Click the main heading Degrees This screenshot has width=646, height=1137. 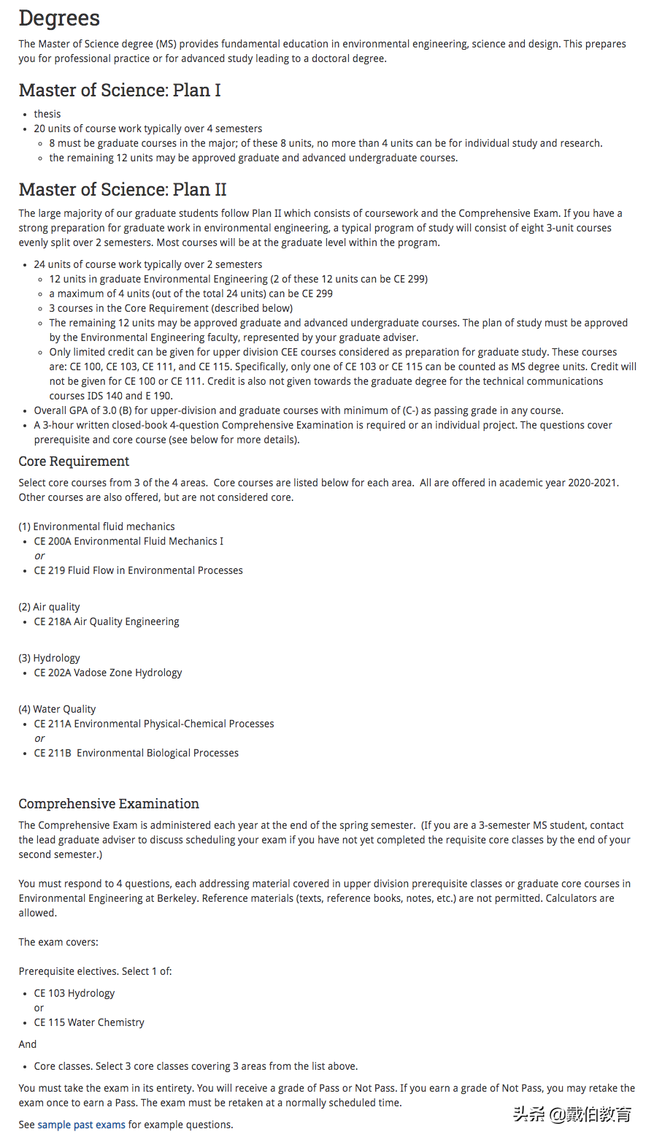pos(59,18)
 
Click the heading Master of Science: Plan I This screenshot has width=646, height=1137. pos(120,90)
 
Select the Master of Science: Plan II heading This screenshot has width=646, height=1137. pos(123,190)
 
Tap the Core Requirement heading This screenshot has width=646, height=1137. pos(74,462)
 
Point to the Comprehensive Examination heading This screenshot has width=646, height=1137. pos(109,804)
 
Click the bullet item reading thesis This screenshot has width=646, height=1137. pos(47,114)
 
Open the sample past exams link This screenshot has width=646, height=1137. pos(81,1125)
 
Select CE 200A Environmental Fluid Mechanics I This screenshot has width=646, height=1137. pos(128,541)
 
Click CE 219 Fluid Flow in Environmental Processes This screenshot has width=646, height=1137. pos(138,570)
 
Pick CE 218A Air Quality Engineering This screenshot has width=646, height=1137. pos(107,621)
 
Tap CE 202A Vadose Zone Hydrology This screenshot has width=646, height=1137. pos(108,673)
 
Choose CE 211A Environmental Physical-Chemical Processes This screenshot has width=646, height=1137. pos(154,724)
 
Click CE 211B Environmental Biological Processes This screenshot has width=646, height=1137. pos(136,753)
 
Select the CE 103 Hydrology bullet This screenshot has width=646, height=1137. pos(74,993)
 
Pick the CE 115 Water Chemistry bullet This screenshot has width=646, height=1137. pos(89,1022)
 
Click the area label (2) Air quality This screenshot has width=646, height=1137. pos(49,607)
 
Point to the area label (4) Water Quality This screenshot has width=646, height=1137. pos(57,709)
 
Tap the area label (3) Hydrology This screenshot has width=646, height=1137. pos(49,658)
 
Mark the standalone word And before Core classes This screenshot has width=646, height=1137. pos(27,1044)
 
